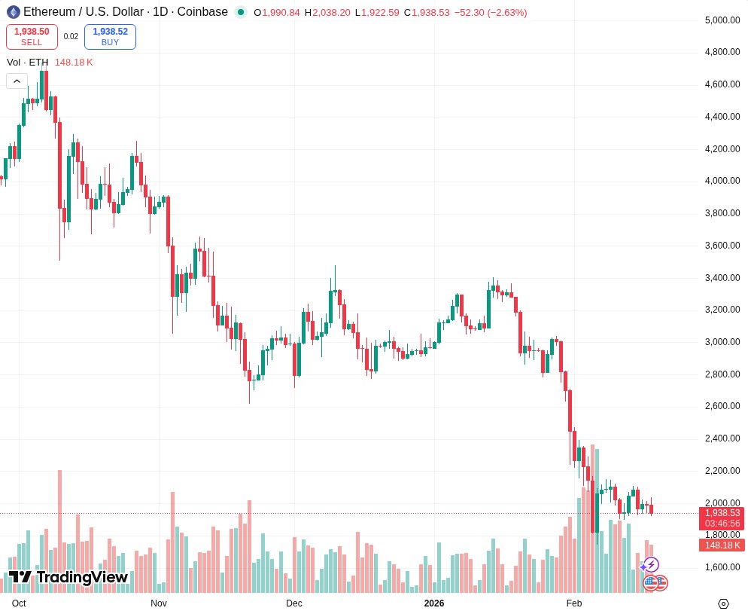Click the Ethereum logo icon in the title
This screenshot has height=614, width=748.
[14, 12]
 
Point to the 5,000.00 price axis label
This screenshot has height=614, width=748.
[722, 20]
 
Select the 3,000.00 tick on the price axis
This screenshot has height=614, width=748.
[722, 342]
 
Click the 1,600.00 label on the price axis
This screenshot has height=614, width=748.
[722, 567]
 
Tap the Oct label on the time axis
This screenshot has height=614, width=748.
[19, 603]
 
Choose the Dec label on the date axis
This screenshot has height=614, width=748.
[294, 603]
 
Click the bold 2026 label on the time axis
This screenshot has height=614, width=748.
[434, 603]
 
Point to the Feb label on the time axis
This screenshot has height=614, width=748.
[574, 603]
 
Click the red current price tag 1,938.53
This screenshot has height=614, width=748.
[722, 513]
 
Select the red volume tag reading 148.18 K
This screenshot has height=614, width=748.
[722, 545]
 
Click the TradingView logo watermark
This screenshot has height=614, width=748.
[68, 577]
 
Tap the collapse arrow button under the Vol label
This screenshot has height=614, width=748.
[17, 81]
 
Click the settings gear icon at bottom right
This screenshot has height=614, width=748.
[723, 603]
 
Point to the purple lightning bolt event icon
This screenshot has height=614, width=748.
[652, 564]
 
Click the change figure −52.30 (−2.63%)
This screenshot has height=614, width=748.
[491, 13]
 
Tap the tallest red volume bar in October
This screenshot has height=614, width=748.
[59, 527]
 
